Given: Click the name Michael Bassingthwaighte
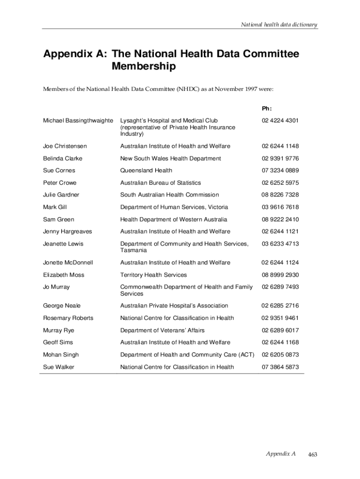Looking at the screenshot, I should (78, 121).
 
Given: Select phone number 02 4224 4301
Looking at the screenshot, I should (280, 121).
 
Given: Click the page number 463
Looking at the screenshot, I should (313, 454).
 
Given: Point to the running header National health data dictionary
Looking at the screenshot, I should (279, 24).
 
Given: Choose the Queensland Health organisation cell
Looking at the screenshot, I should (146, 170).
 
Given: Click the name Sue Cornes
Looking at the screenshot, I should (59, 170).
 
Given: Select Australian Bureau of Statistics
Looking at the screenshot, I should (160, 182).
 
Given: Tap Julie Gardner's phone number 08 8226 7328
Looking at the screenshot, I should (280, 195).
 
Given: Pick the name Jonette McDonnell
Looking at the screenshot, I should (68, 262).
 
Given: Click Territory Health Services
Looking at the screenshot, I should (153, 275).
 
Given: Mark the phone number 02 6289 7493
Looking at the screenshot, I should (280, 287).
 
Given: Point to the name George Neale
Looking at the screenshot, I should (62, 305).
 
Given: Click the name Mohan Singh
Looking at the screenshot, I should (61, 355).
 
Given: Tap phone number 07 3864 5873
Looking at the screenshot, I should (280, 367).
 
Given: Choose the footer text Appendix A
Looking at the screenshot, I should (281, 454).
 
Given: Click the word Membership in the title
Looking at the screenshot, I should (144, 67).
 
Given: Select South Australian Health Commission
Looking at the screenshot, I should (169, 195).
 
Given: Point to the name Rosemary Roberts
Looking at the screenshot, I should (68, 318).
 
